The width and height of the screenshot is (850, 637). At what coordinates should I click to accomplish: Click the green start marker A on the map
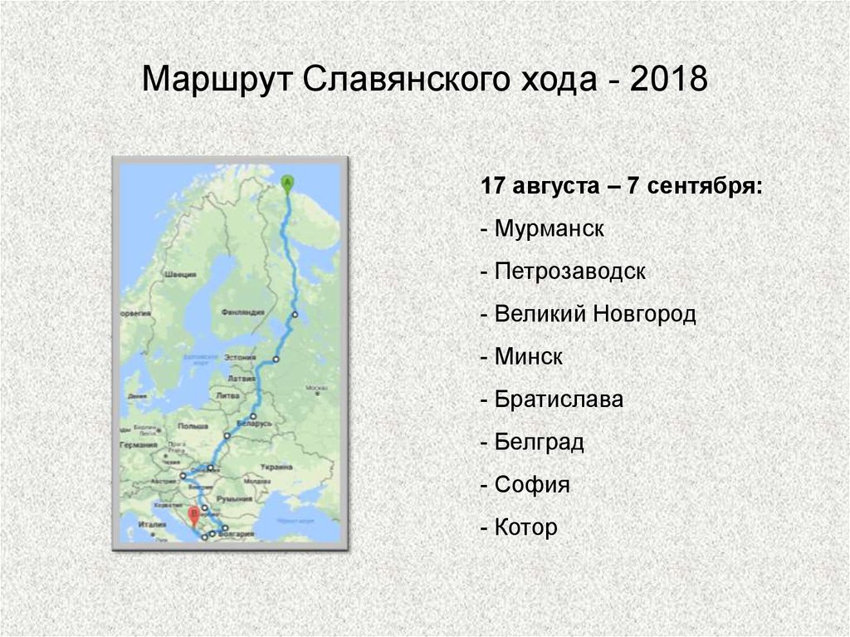[287, 181]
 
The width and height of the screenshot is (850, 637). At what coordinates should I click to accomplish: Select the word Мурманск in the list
[547, 228]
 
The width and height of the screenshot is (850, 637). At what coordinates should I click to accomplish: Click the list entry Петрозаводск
[569, 272]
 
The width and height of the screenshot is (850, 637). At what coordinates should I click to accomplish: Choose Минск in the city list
[528, 357]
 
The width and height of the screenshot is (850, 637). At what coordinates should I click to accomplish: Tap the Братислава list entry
[558, 399]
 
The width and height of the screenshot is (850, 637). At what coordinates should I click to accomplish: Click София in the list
[531, 485]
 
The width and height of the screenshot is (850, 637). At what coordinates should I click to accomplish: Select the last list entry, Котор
[525, 527]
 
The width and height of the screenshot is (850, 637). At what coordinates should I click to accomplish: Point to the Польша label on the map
[193, 425]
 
